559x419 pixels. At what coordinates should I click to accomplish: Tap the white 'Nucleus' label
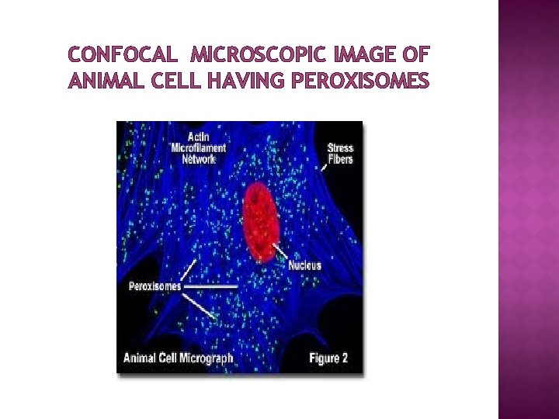click(304, 265)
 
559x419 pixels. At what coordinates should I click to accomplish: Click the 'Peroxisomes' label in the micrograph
click(154, 286)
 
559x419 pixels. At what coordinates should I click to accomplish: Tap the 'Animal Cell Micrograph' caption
click(179, 358)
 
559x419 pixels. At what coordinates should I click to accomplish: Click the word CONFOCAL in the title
click(123, 56)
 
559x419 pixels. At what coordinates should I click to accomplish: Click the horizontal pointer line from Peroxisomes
click(211, 286)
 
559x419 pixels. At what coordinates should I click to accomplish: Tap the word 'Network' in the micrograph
click(200, 159)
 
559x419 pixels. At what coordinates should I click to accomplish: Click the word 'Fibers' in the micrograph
click(340, 160)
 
